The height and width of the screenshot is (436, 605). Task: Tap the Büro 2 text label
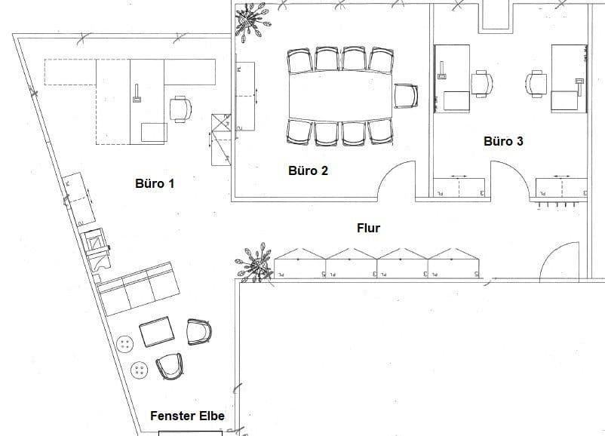308,170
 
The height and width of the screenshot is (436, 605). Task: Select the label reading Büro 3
503,141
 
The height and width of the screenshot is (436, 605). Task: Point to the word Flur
368,227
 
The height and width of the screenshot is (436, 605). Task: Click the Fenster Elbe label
187,415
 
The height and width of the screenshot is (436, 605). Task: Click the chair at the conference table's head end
405,96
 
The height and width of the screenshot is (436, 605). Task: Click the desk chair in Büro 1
181,109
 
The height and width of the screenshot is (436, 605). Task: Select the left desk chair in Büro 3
481,83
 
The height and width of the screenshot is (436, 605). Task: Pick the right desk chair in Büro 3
538,83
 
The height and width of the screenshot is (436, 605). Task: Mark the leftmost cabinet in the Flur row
299,262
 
